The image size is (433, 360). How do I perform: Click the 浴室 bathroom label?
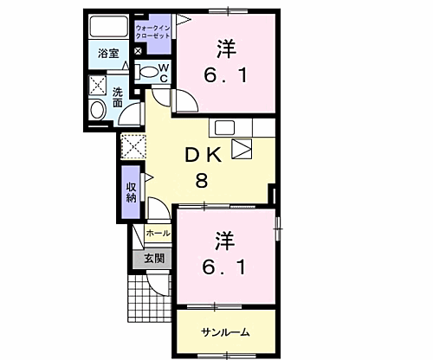(107, 53)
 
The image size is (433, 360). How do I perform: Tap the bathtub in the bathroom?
(109, 26)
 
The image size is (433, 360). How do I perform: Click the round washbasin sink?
(97, 109)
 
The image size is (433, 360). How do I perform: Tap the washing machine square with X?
(96, 87)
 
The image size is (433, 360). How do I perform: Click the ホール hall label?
(158, 233)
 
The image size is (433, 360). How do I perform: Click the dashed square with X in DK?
(132, 146)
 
